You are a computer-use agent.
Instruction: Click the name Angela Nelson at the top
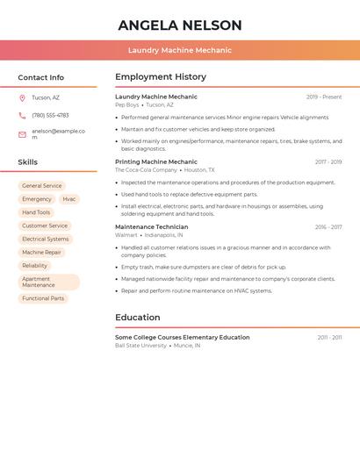[x=180, y=25]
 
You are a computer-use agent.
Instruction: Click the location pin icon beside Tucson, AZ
[x=22, y=97]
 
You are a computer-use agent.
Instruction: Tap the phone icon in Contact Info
[x=22, y=115]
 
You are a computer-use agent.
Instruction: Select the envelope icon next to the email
[x=22, y=134]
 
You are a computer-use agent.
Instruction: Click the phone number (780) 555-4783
[x=50, y=115]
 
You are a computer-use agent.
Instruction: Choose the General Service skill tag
[x=42, y=186]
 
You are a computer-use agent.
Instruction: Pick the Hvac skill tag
[x=69, y=199]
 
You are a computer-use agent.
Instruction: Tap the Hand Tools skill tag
[x=36, y=212]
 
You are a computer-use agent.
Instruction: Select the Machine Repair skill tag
[x=42, y=252]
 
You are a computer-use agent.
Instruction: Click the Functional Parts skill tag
[x=43, y=298]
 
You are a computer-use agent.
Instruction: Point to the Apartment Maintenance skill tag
[x=48, y=282]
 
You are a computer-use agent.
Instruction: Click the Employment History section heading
[x=161, y=77]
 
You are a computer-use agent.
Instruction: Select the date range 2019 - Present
[x=324, y=97]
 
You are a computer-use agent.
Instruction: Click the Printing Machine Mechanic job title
[x=156, y=161]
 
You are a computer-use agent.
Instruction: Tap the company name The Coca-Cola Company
[x=140, y=170]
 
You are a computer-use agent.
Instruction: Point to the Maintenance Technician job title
[x=151, y=227]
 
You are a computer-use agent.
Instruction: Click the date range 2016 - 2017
[x=328, y=227]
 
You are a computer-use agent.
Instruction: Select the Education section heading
[x=138, y=318]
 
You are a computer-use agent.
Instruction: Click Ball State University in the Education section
[x=140, y=346]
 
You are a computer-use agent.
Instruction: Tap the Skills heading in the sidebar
[x=28, y=162]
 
